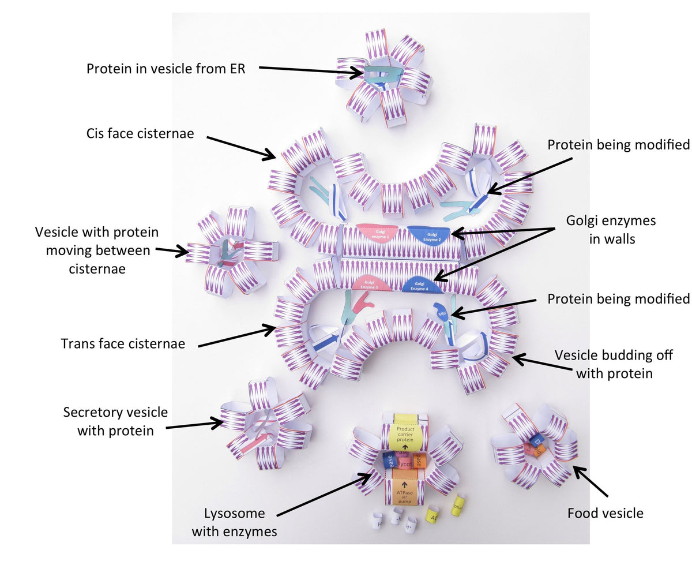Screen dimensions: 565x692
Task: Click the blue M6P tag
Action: (442, 312)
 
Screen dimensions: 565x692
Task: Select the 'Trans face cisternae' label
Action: (123, 343)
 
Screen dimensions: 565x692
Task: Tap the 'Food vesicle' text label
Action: (605, 513)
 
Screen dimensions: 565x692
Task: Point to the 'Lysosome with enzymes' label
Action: (234, 522)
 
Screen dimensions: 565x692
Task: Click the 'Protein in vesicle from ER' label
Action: (166, 69)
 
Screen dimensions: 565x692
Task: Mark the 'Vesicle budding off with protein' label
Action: (614, 364)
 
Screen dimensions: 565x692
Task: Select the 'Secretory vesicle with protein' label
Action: (115, 421)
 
